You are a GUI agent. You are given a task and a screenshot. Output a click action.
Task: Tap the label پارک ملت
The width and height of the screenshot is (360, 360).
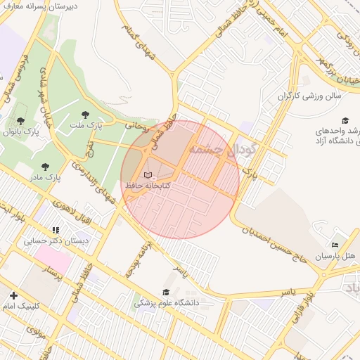[x=85, y=124]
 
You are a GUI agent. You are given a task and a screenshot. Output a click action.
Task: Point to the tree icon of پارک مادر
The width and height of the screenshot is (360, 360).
[x=45, y=167]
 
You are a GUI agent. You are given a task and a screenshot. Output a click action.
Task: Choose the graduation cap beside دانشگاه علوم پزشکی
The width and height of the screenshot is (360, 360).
[x=166, y=292]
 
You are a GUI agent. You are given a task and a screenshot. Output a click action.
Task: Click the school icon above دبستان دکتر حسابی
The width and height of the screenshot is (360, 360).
[x=56, y=230]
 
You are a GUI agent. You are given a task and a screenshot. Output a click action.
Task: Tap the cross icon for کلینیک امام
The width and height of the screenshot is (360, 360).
[x=13, y=295]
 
